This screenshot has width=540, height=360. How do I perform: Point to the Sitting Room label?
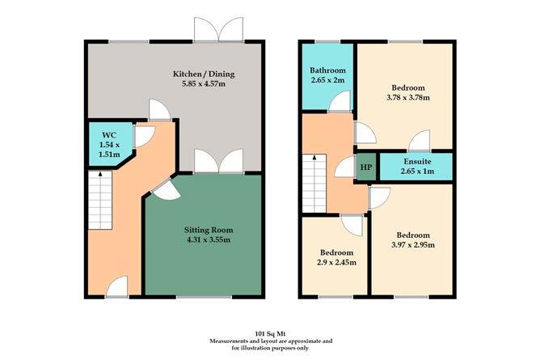coord(204,230)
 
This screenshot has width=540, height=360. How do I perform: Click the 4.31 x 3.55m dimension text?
coord(204,239)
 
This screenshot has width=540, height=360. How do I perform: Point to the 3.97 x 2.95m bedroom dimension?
coord(412,244)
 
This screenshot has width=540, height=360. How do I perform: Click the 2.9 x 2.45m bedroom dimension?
coord(335,262)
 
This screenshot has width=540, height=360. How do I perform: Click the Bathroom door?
coord(342,103)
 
